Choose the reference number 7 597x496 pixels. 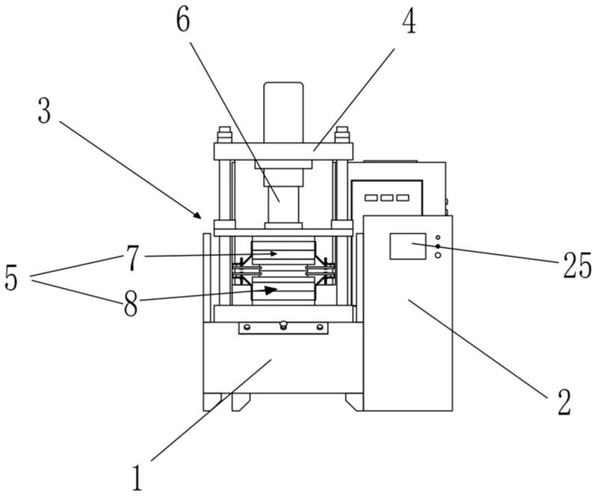click(x=132, y=258)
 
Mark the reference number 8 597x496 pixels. click(x=132, y=304)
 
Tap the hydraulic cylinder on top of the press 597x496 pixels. click(x=283, y=112)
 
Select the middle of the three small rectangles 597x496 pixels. click(x=386, y=198)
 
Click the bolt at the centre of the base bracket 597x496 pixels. click(x=283, y=324)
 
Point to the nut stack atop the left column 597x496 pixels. click(x=223, y=136)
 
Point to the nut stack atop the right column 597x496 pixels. click(x=343, y=136)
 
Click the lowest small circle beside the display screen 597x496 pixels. click(x=438, y=255)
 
